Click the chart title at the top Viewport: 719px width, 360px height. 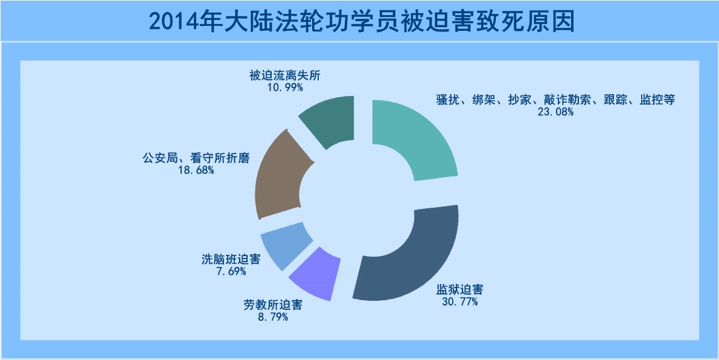coord(362,22)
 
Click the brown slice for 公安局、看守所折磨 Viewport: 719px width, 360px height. coord(279,175)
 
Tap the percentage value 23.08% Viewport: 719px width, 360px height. coord(555,111)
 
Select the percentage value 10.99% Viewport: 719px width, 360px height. coord(285,87)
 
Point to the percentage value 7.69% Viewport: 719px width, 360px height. coord(230,271)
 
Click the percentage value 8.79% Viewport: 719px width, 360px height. coord(272,317)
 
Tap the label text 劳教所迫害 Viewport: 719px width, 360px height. coord(273,305)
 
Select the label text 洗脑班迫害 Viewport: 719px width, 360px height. coord(231,260)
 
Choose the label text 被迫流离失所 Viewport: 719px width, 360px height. coord(285,76)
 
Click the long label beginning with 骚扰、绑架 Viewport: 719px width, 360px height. coord(555,100)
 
